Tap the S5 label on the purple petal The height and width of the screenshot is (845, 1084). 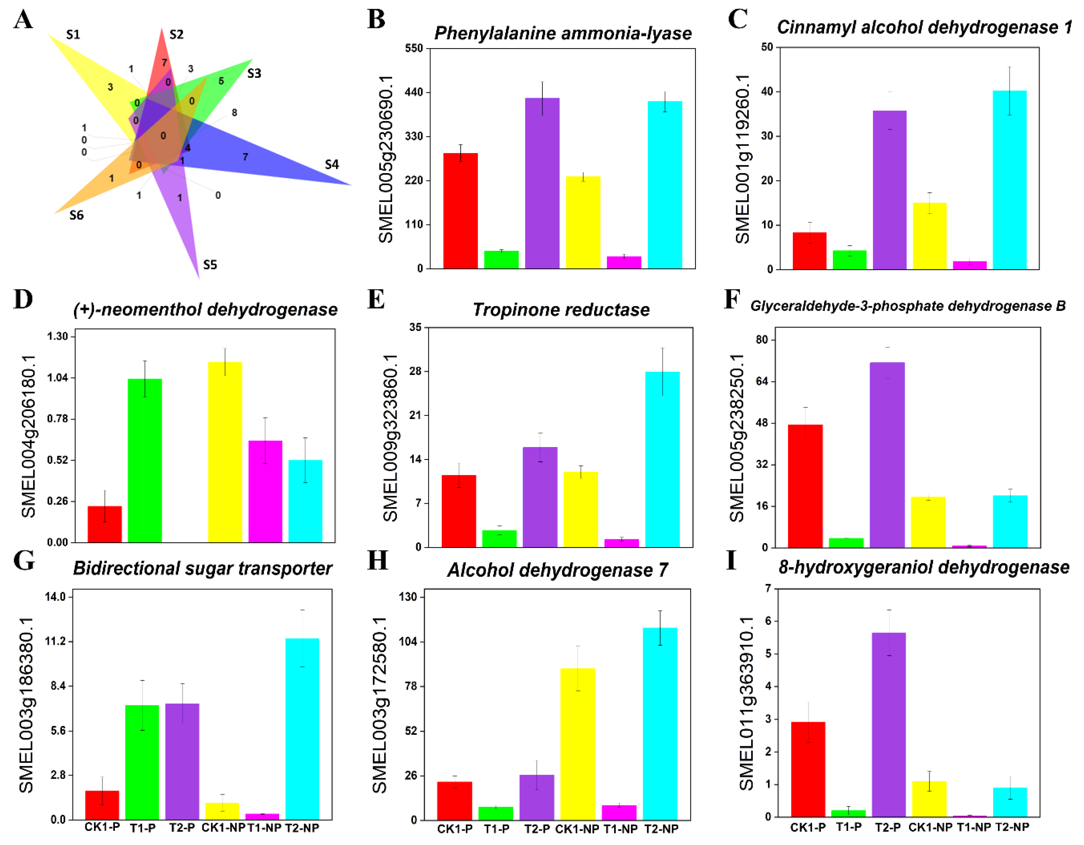click(x=210, y=265)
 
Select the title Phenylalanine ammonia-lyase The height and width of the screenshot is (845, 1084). click(x=563, y=33)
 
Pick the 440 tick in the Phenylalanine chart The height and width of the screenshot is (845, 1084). click(x=414, y=92)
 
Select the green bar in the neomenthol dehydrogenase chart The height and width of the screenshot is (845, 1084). click(x=145, y=461)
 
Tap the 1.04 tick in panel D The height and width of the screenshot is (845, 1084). click(x=57, y=378)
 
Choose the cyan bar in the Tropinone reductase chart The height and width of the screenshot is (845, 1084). click(x=663, y=459)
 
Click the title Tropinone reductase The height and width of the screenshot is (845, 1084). click(x=561, y=310)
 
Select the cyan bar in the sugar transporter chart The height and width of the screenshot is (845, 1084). click(x=302, y=729)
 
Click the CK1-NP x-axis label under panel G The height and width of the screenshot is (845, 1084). click(x=223, y=828)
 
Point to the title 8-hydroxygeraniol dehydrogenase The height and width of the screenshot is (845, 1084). click(x=924, y=567)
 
